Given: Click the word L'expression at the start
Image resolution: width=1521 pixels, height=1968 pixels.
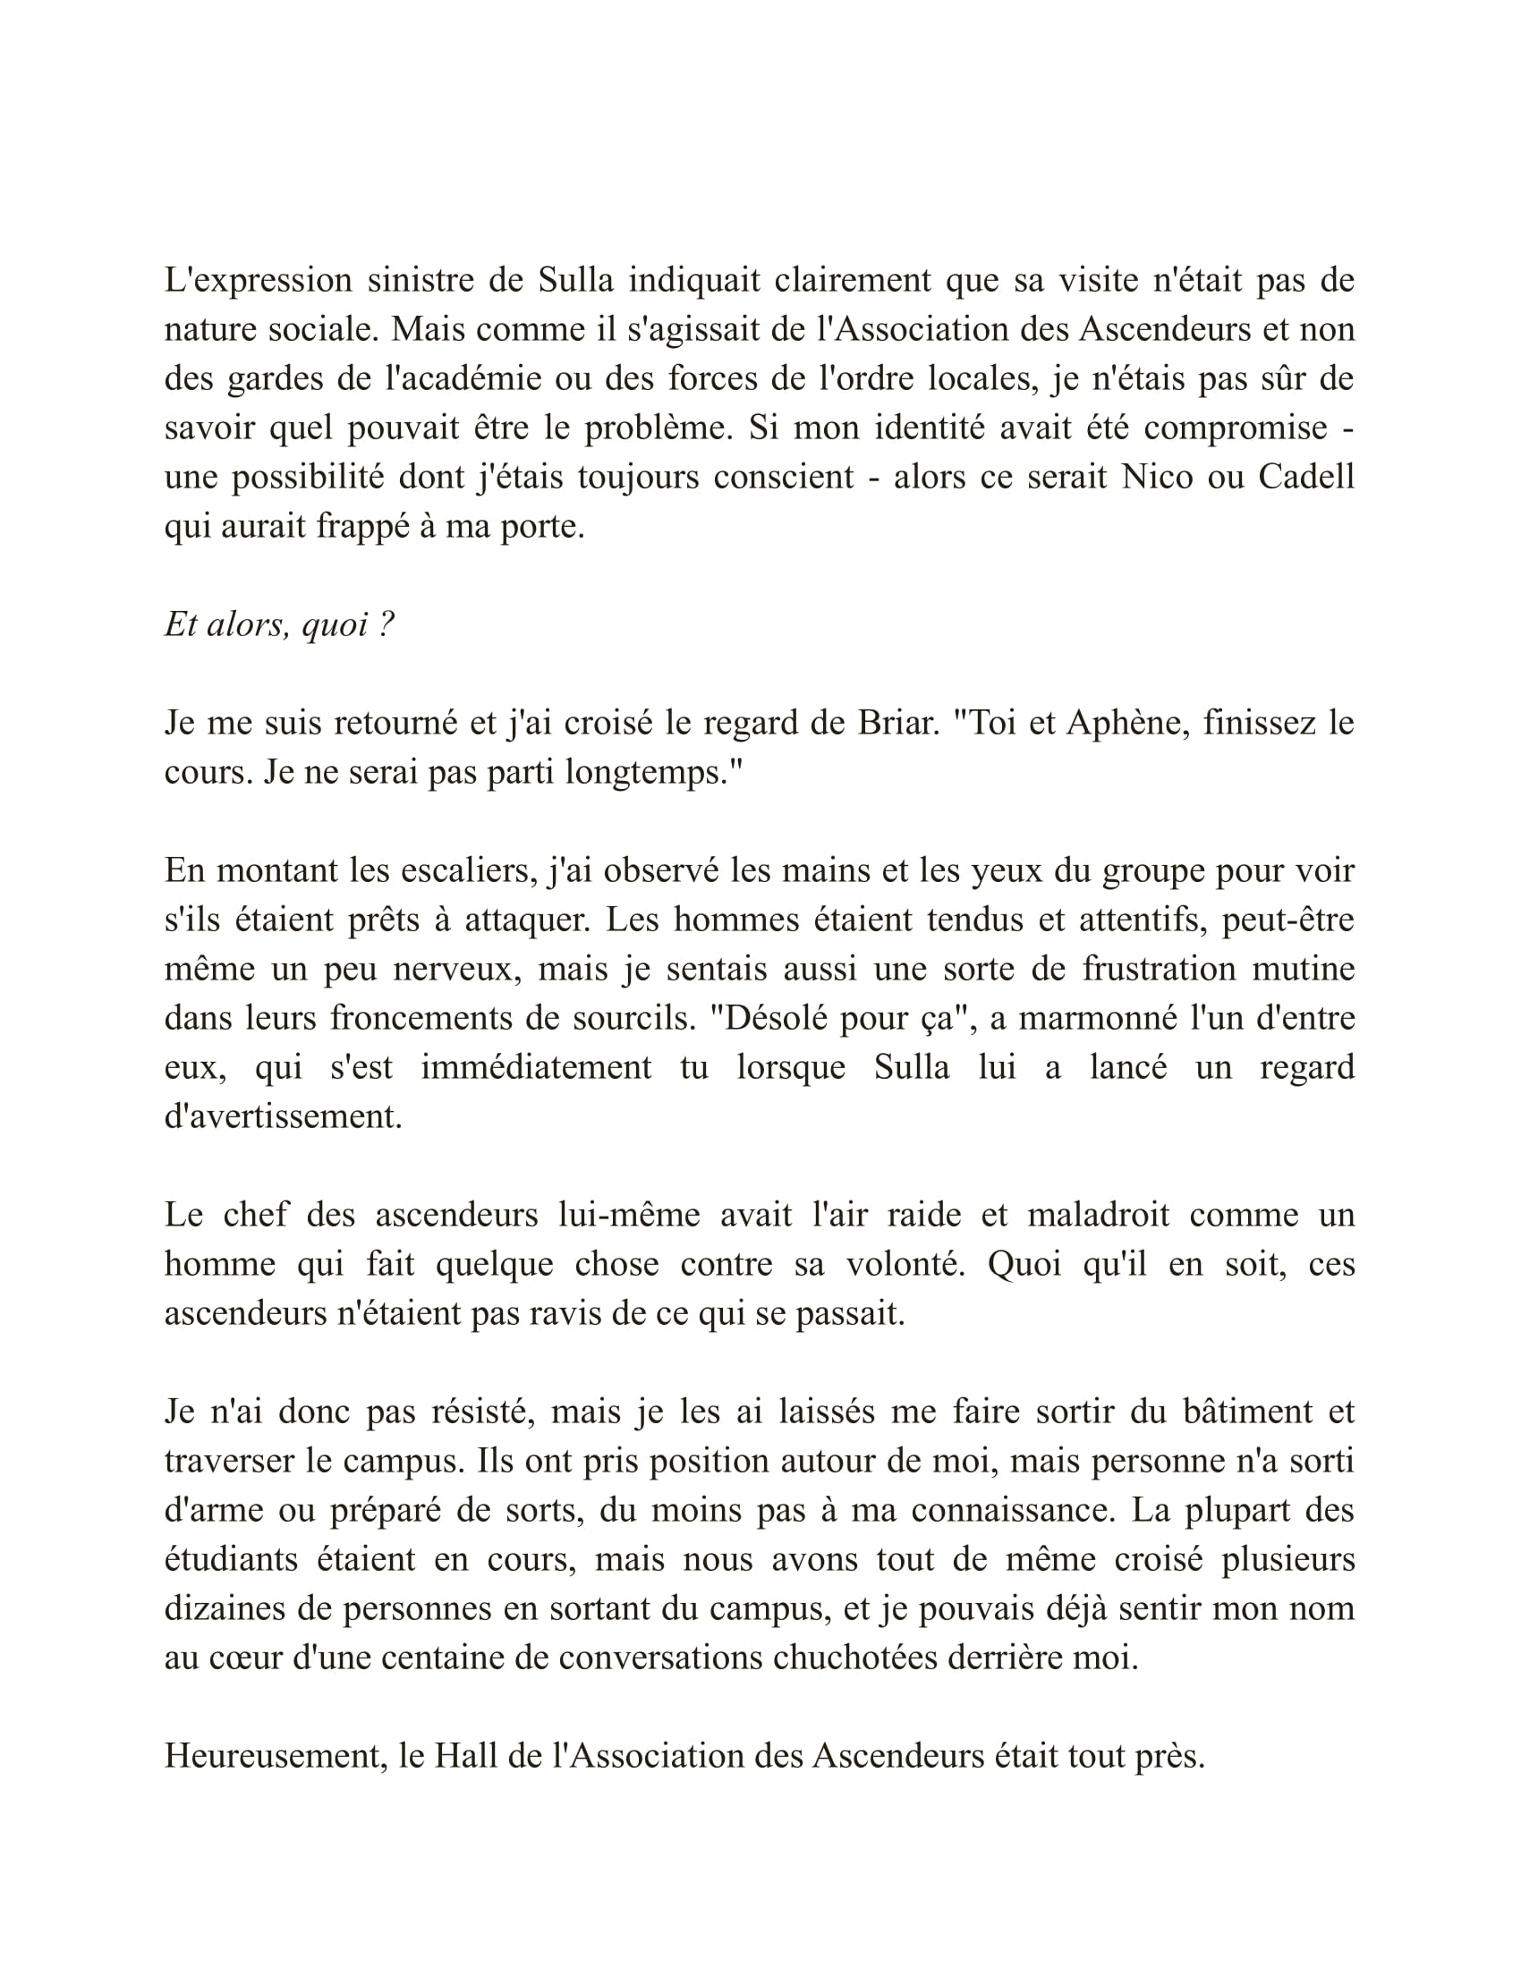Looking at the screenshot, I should [x=258, y=281].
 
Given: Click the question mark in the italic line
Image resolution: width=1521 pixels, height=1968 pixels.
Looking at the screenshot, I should [x=387, y=625].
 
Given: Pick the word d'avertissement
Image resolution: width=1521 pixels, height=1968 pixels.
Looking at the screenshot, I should [x=283, y=1117].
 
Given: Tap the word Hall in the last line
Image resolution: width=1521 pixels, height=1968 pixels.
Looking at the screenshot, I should [x=466, y=1756].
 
